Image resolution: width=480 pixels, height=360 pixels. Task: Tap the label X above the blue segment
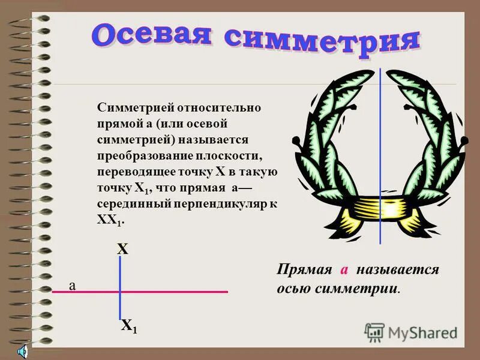pos(122,249)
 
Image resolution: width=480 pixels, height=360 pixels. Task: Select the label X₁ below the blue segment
pos(128,326)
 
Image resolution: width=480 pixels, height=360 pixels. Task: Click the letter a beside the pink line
pos(72,286)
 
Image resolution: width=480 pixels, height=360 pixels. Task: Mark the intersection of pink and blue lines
pos(120,292)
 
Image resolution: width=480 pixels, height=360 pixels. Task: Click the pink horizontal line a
pos(180,292)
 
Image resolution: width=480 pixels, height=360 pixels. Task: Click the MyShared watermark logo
pos(411,332)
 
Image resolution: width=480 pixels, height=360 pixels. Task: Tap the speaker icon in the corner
pos(22,351)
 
